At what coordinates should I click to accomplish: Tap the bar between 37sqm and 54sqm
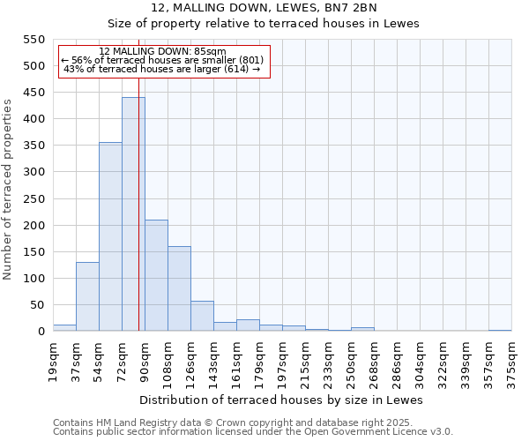87,296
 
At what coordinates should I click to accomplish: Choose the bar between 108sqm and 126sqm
179,288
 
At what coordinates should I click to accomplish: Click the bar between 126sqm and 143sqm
202,316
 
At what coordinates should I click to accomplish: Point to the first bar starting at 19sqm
64,327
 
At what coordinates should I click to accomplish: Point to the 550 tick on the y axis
34,40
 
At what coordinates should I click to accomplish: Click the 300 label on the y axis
34,173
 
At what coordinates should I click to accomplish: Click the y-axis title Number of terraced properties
8,189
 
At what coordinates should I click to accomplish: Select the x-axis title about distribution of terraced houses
281,400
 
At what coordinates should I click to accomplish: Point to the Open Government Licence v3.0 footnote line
253,431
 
